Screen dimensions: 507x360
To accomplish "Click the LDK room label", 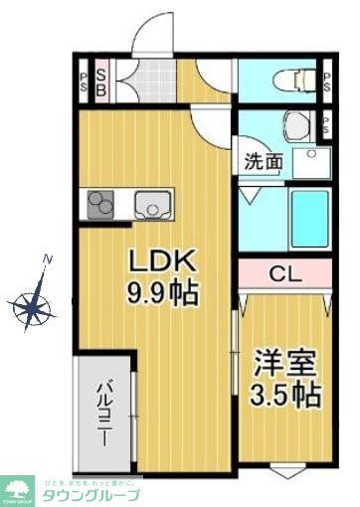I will [165, 262].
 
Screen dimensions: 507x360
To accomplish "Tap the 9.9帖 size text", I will [165, 294].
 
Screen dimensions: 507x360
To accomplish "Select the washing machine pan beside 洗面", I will [313, 161].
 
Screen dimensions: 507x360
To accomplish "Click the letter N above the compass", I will [47, 259].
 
